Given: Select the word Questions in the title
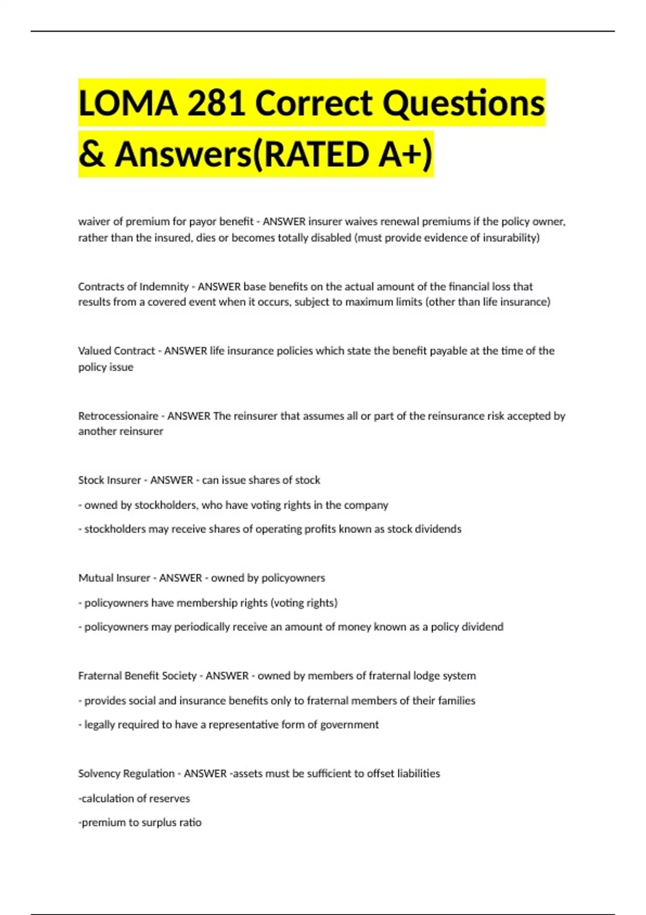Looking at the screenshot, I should click(x=464, y=103).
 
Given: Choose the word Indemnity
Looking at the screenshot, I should click(x=164, y=286).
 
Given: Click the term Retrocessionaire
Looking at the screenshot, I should click(x=118, y=416).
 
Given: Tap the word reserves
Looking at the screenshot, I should click(x=169, y=799).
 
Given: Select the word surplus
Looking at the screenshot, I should click(x=159, y=822).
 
